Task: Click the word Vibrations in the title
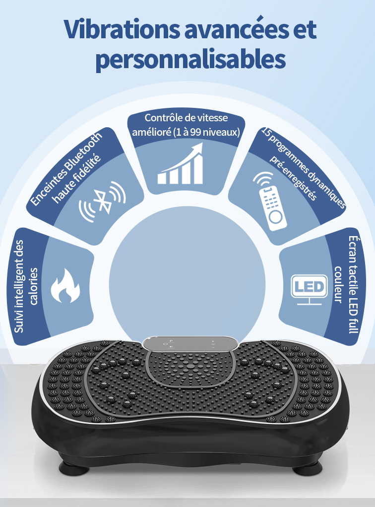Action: click(122, 29)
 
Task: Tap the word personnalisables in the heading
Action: click(191, 60)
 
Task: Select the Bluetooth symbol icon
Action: click(103, 202)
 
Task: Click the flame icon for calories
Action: click(65, 286)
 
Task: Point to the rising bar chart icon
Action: click(181, 164)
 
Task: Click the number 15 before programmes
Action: click(266, 132)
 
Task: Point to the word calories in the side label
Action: click(34, 286)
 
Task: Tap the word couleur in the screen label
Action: click(338, 284)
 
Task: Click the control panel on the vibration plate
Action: click(190, 343)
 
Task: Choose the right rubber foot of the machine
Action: click(308, 468)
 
